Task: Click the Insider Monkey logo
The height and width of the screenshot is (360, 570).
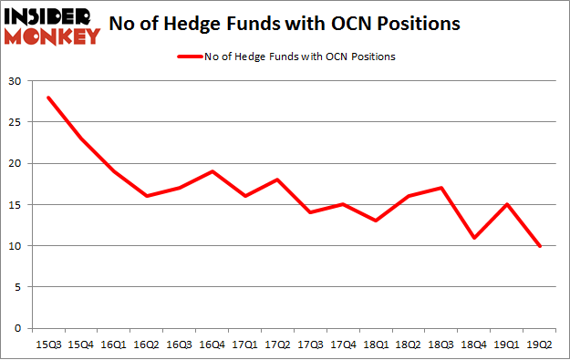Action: [x=52, y=26]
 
